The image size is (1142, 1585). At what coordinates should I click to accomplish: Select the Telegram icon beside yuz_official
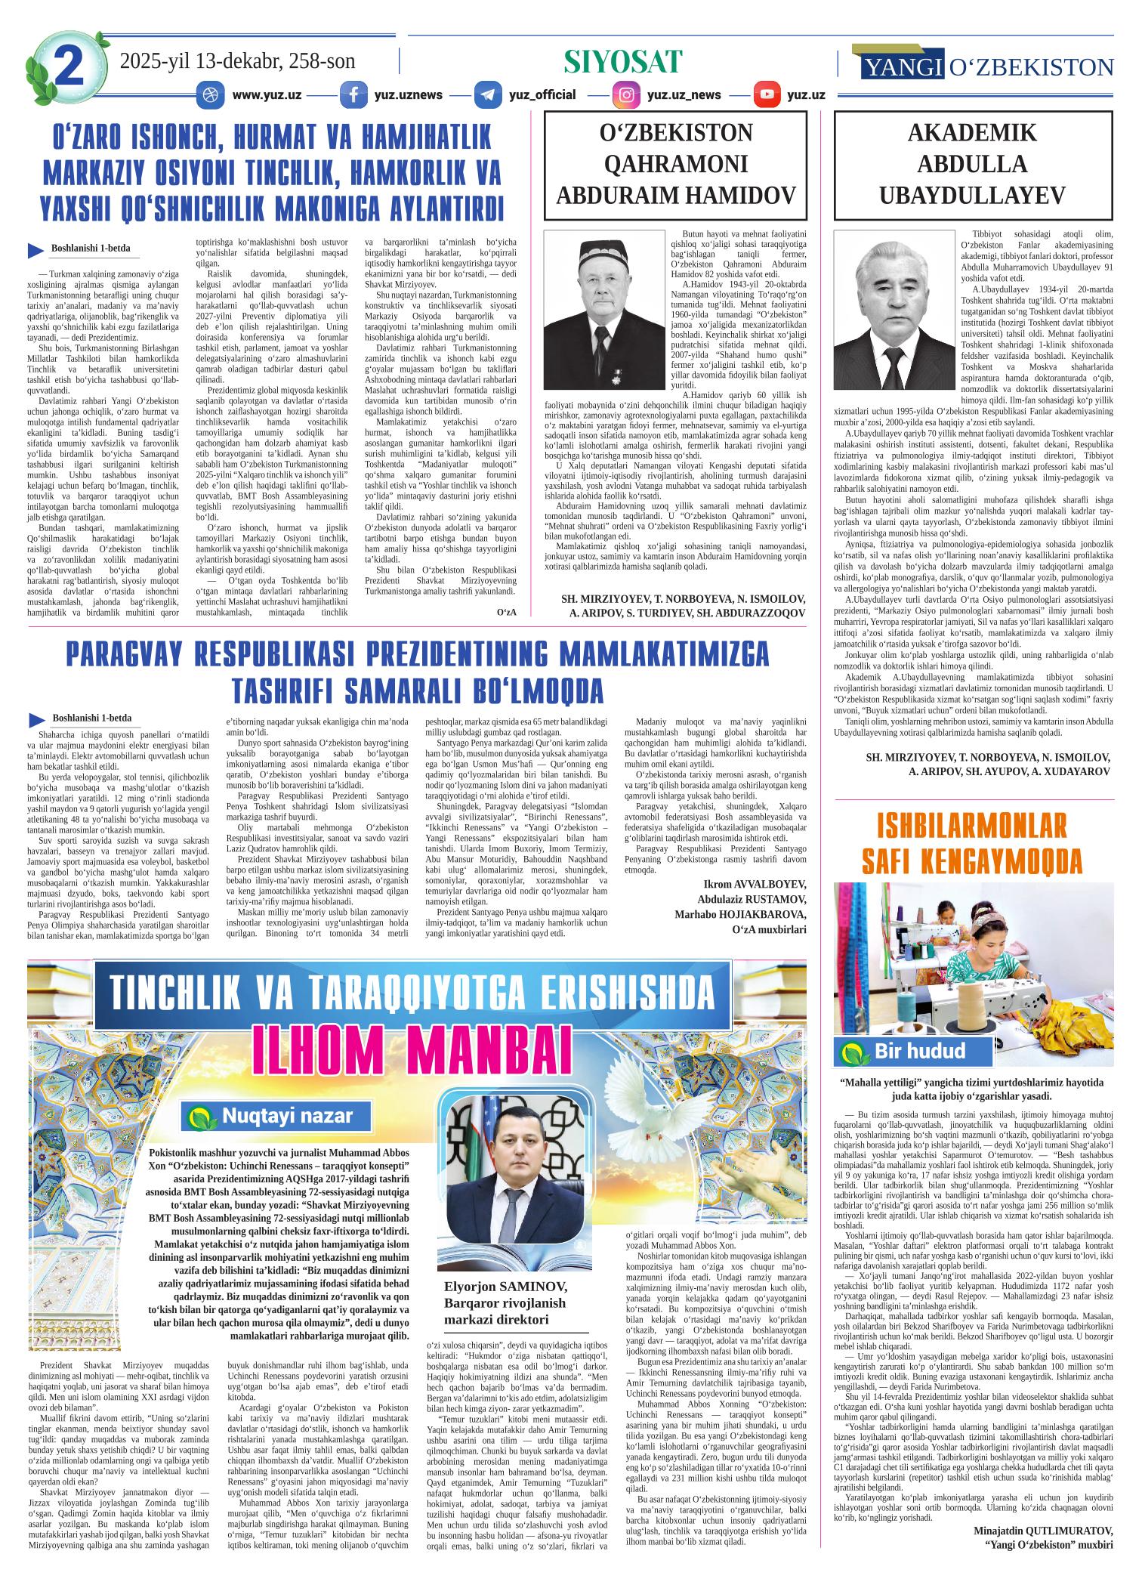488,95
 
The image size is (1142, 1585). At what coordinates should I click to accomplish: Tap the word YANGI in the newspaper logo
901,68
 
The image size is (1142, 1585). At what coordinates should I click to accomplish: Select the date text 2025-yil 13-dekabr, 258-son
237,62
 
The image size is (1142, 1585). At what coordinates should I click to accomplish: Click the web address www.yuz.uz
267,95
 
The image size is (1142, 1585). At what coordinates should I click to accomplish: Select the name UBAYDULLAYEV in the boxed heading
973,196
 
